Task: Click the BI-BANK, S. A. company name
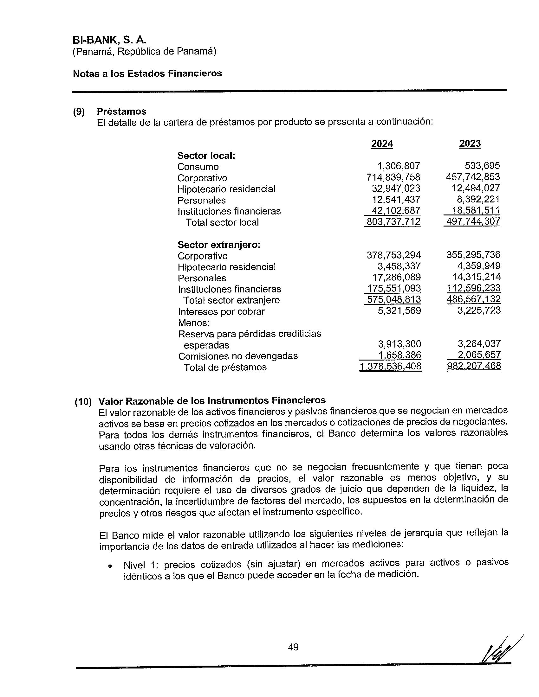[109, 40]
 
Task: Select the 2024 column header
[382, 144]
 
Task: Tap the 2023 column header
[470, 144]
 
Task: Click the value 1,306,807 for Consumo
[399, 166]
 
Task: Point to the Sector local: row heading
[206, 156]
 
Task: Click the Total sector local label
[222, 222]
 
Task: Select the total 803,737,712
[393, 221]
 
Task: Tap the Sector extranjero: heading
[219, 245]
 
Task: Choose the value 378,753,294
[393, 255]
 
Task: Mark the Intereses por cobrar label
[221, 311]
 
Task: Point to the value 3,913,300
[399, 344]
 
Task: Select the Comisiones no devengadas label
[238, 356]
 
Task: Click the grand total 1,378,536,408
[390, 366]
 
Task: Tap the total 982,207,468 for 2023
[474, 366]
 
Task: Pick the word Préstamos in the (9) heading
[122, 112]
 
